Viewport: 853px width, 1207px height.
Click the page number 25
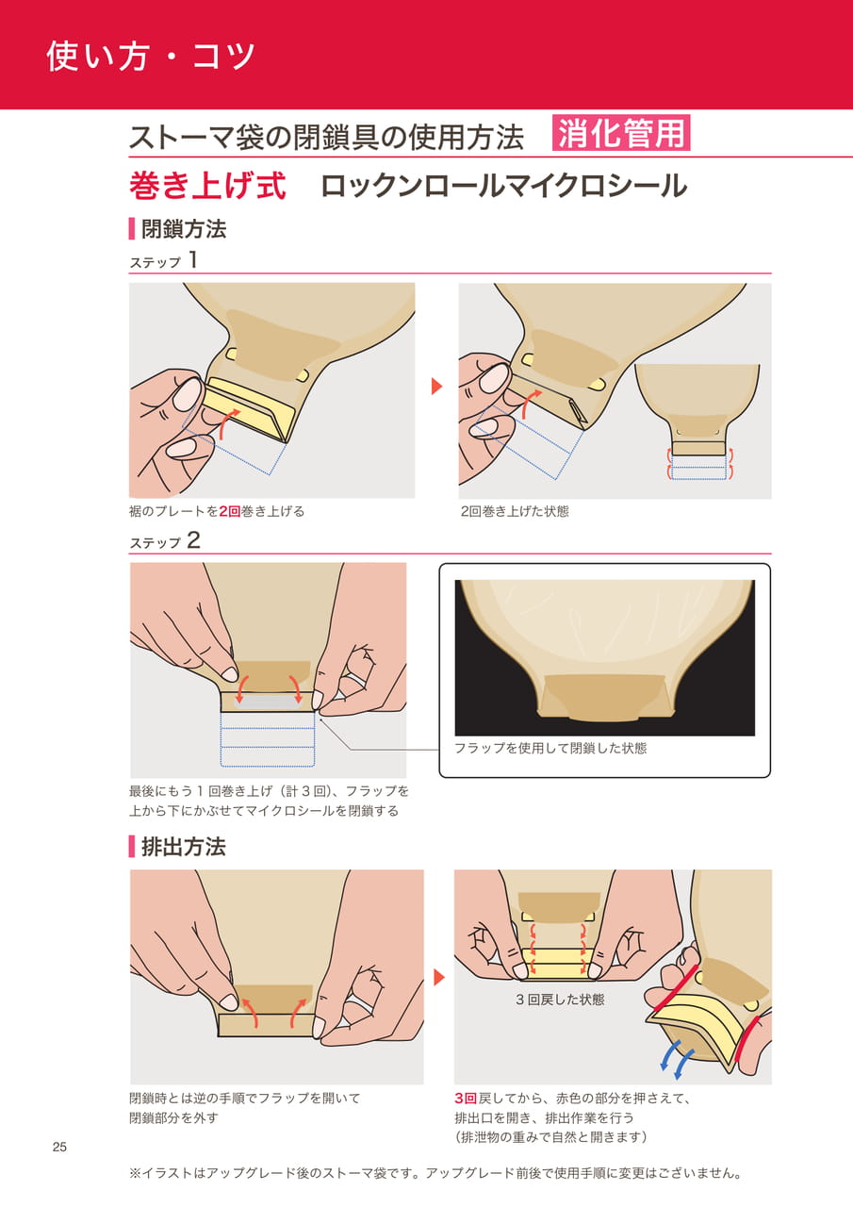[59, 1148]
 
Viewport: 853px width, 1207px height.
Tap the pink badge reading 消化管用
[621, 133]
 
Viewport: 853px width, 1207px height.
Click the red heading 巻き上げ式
[207, 187]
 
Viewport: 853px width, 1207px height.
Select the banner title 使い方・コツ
[150, 56]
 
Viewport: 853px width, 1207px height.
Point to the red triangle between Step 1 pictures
[436, 386]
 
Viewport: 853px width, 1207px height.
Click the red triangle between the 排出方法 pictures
[439, 977]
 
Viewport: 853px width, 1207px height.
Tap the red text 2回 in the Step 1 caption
[230, 511]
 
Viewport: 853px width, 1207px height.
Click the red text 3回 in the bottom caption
[466, 1099]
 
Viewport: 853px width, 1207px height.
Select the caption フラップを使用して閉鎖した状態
[550, 748]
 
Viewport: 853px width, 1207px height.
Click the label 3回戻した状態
[560, 1000]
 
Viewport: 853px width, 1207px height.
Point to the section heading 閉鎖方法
[184, 229]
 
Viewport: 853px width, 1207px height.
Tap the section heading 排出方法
[184, 847]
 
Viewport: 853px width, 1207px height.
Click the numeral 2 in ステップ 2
[193, 540]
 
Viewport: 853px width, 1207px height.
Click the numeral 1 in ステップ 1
[193, 260]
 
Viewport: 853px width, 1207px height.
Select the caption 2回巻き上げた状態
[515, 511]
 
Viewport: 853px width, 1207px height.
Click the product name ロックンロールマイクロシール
[504, 187]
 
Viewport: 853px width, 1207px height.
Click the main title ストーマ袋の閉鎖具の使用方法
[326, 137]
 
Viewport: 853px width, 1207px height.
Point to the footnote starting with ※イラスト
[435, 1173]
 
